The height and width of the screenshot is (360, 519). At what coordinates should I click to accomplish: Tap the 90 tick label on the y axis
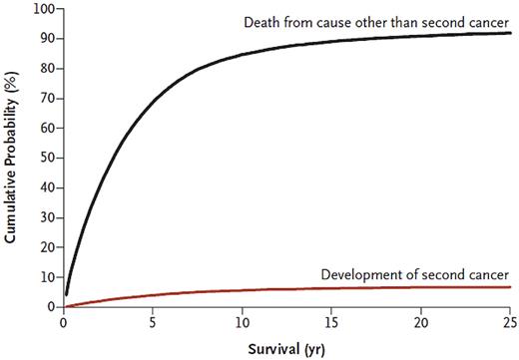(x=47, y=39)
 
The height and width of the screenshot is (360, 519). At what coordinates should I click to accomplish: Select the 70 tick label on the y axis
(x=47, y=98)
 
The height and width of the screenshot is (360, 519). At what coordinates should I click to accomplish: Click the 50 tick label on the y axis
(x=47, y=158)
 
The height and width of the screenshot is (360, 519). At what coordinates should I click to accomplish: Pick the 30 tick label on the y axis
(x=47, y=217)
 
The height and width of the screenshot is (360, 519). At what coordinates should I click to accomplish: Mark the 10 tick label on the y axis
(x=47, y=276)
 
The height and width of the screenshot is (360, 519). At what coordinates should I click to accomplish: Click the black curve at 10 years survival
(x=241, y=53)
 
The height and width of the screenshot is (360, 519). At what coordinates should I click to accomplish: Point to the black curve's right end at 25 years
(x=508, y=33)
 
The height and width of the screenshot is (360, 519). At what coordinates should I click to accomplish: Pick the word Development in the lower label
(x=355, y=274)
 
